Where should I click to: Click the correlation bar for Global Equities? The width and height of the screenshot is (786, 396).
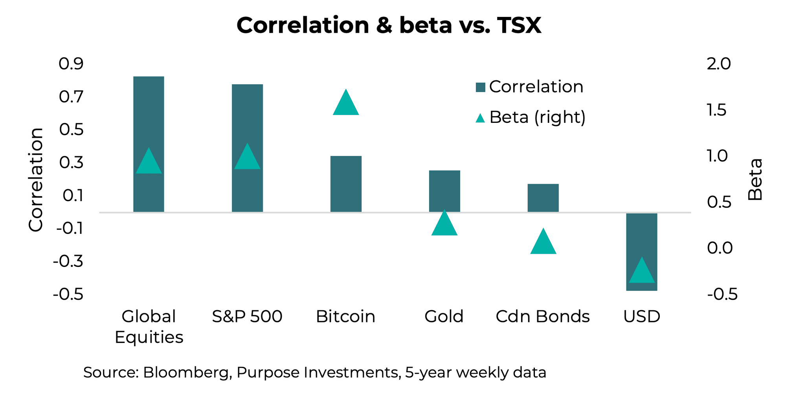pos(149,118)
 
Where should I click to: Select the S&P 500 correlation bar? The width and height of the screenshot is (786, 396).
pos(247,118)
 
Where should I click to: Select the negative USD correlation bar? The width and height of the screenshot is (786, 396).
pos(642,236)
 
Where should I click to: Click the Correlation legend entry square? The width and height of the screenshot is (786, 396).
pos(480,87)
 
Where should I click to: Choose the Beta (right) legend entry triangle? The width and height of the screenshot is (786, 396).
pos(480,118)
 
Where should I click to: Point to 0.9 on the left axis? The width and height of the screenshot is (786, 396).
pos(71,64)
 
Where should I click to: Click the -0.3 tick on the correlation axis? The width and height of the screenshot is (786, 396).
pos(68,261)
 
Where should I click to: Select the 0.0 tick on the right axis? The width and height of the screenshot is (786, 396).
pos(720,248)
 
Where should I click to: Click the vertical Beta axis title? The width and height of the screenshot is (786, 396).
pos(755,180)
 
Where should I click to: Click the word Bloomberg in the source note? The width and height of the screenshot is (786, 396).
pos(186,372)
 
